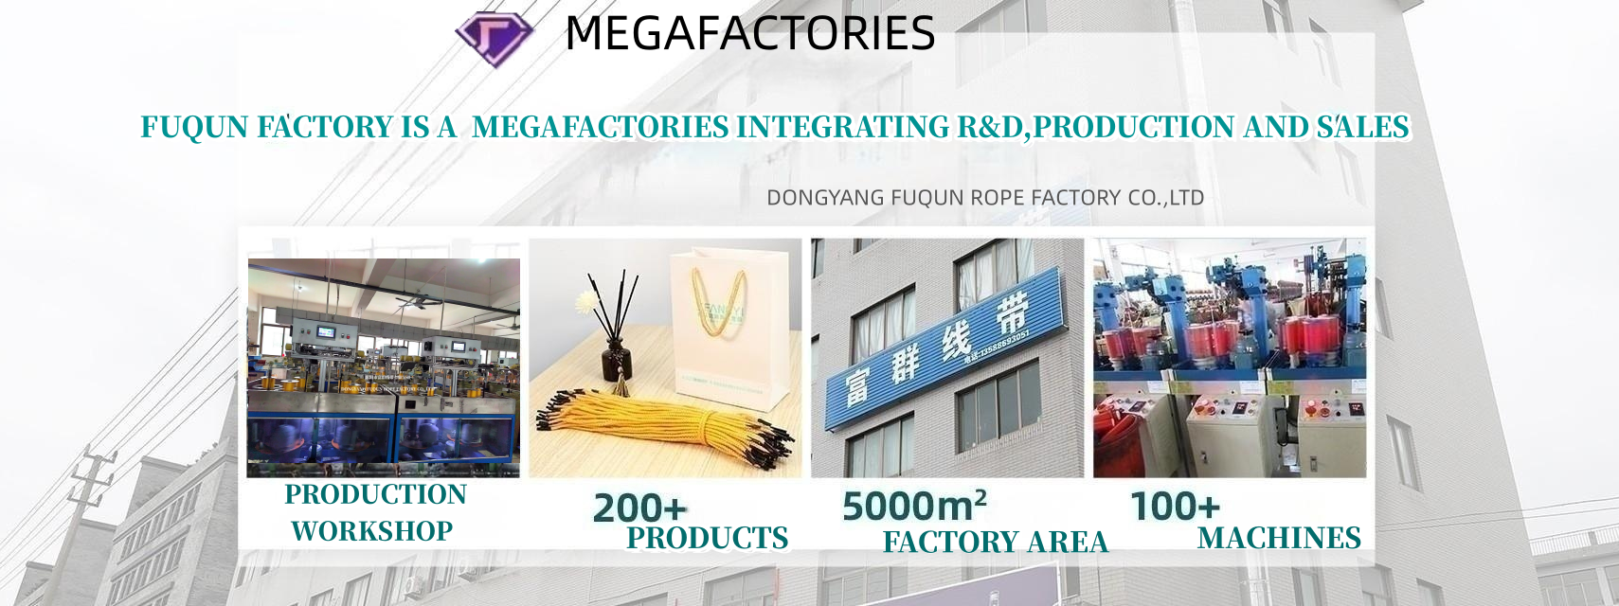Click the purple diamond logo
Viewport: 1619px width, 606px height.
(x=494, y=38)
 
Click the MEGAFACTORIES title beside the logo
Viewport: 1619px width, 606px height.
(x=749, y=34)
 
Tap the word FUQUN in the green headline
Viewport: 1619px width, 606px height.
(x=194, y=127)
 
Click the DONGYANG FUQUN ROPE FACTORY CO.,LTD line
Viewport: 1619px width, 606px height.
(x=985, y=198)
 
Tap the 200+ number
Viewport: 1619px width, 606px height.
(x=639, y=508)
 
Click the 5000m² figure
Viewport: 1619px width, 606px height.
(x=914, y=506)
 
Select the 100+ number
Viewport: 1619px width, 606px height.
(x=1175, y=507)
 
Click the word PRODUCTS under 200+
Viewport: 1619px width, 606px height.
(x=708, y=538)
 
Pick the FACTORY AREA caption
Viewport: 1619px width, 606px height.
(x=995, y=542)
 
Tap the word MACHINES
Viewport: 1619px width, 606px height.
(x=1279, y=538)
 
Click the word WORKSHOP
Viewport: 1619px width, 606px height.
(x=371, y=531)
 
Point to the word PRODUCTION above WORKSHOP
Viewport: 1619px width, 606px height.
(x=375, y=494)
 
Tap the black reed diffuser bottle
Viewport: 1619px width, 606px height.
(x=617, y=360)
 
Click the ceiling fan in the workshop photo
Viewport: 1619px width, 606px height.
(x=418, y=301)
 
